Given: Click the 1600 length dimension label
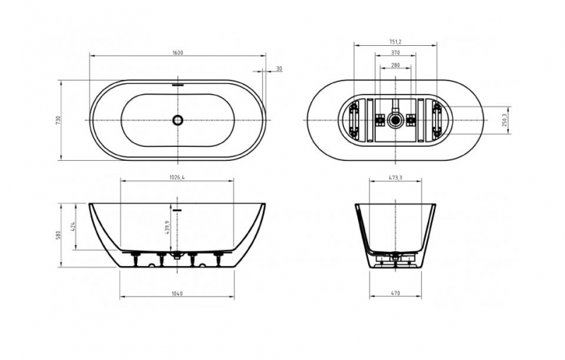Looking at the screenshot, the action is click(x=178, y=52).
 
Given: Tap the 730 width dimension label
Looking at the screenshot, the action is click(x=59, y=120).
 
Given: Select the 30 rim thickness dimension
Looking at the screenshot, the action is click(x=279, y=68).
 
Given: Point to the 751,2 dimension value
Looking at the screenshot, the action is click(x=395, y=42).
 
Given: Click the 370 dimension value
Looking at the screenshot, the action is click(x=395, y=52).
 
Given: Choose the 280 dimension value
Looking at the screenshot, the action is click(x=395, y=65).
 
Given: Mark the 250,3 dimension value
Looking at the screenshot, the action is click(x=504, y=120).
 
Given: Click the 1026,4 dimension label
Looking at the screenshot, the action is click(x=177, y=177).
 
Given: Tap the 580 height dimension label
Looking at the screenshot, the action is click(x=59, y=236).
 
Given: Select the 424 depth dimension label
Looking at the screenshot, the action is click(x=73, y=227).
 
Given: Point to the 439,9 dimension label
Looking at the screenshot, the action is click(x=167, y=227).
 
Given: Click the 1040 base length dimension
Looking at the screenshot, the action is click(x=177, y=294).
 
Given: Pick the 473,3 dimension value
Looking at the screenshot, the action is click(x=395, y=177).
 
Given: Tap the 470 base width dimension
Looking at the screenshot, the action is click(x=395, y=294).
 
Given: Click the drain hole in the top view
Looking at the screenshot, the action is click(x=178, y=120).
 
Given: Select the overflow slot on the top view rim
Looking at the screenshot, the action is click(x=178, y=85).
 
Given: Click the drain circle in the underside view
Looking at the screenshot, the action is click(x=395, y=120).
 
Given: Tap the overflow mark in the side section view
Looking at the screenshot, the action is click(x=178, y=210).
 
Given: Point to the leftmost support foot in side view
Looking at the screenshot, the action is click(x=136, y=259).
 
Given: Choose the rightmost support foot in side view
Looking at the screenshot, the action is click(x=218, y=259).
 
